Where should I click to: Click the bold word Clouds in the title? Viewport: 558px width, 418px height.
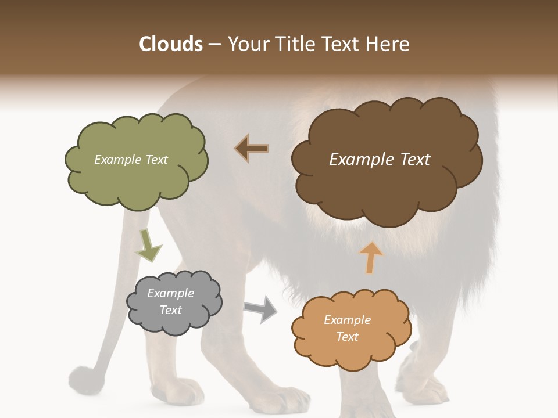coord(171,44)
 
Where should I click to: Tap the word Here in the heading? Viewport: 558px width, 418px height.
coord(389,44)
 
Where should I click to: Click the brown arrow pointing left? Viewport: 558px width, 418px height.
coord(252,148)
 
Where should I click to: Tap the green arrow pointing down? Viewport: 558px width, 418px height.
coord(148,246)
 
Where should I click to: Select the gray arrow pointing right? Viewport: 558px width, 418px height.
coord(261,308)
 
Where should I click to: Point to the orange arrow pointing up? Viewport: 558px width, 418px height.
coord(371,257)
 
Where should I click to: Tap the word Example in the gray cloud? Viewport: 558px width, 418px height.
coord(170,293)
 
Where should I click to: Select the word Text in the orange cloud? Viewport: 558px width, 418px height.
coord(347,337)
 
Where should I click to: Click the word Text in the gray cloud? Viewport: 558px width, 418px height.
coord(170,310)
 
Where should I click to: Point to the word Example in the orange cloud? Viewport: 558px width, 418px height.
coord(347,320)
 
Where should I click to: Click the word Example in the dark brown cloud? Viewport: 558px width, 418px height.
coord(358,160)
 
